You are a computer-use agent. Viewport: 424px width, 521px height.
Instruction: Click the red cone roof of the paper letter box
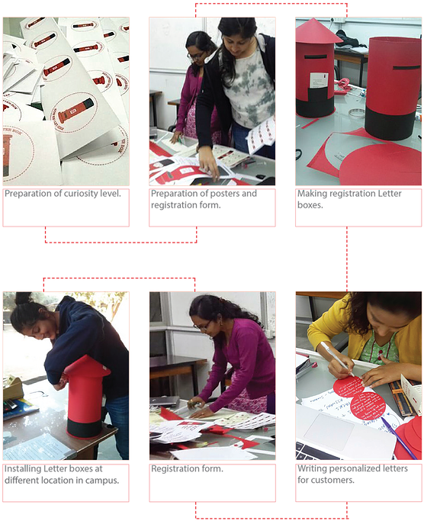tap(317, 31)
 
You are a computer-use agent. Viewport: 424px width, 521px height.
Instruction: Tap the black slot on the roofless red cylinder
tap(406, 67)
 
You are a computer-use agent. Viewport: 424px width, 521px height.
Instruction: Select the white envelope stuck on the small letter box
tap(319, 81)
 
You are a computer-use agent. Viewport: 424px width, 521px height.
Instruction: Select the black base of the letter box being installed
tap(85, 428)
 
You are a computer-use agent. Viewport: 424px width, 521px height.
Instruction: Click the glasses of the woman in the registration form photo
tap(204, 326)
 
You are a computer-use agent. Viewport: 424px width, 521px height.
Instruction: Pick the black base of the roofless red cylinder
tap(390, 124)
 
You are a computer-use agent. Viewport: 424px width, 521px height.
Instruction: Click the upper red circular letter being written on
tap(349, 388)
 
